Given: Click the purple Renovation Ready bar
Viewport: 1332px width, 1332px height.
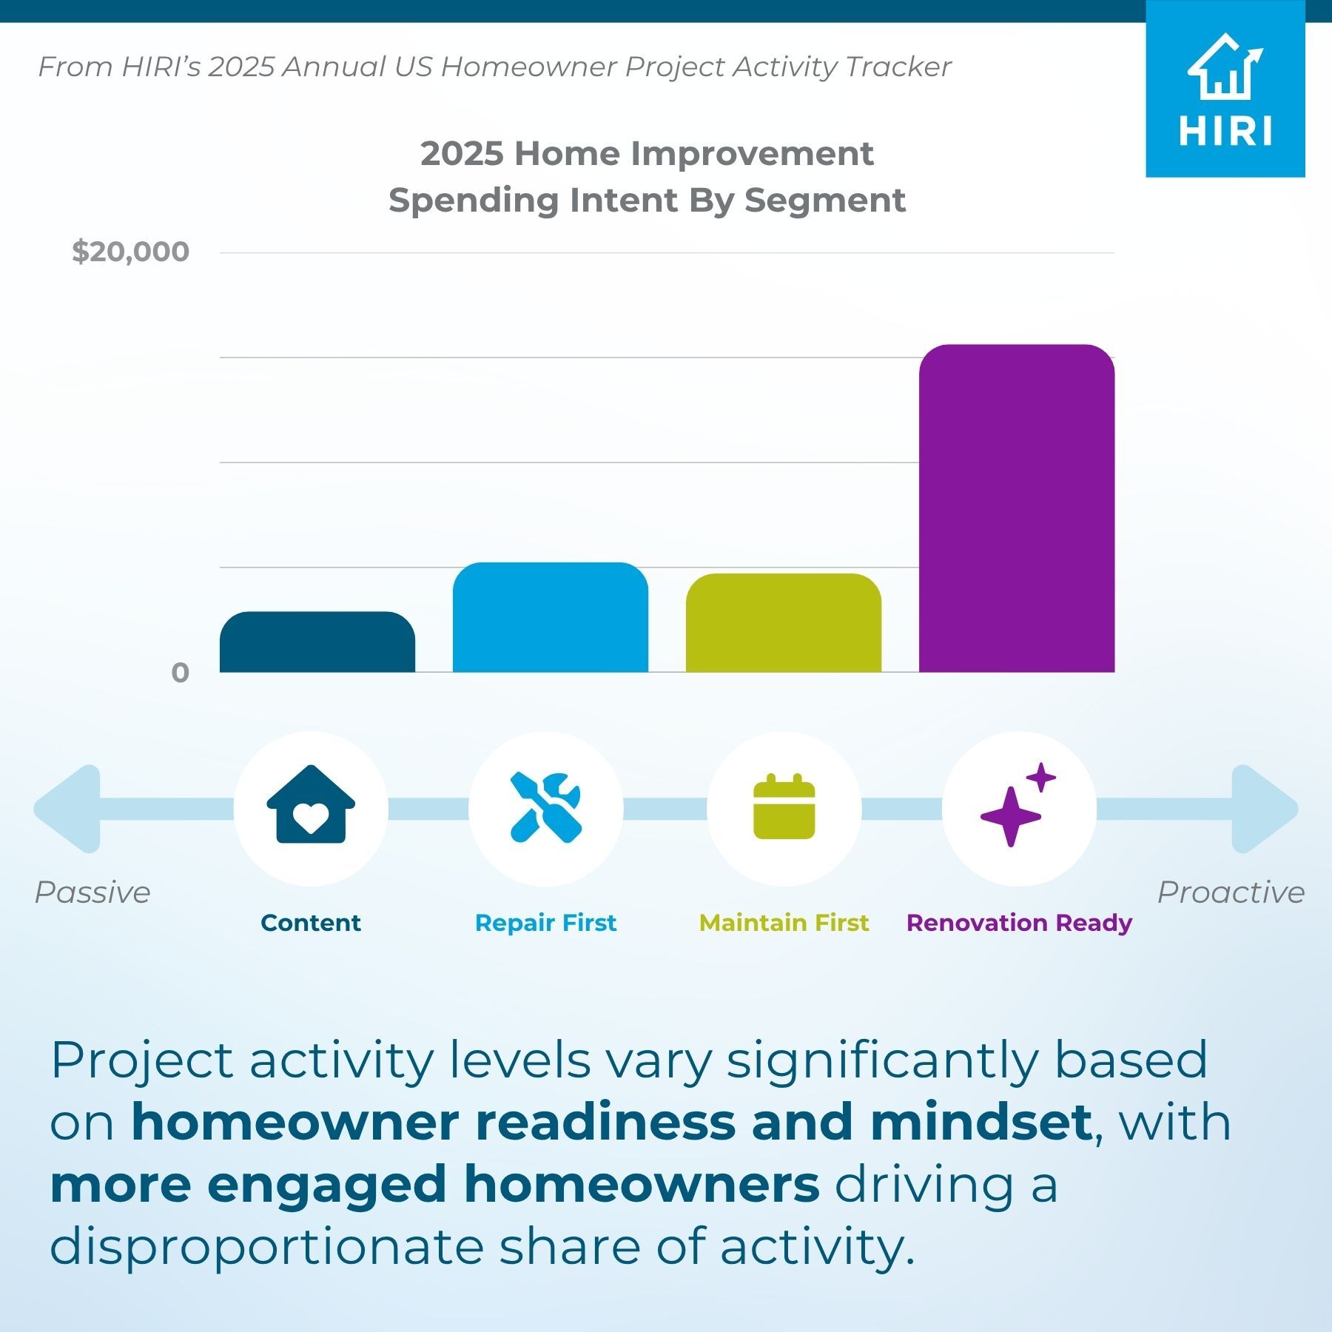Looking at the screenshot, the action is pyautogui.click(x=1017, y=508).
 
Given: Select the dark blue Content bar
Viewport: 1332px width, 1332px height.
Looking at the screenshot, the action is pyautogui.click(x=317, y=642).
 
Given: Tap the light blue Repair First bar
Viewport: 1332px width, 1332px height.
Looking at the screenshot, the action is pyautogui.click(x=551, y=617).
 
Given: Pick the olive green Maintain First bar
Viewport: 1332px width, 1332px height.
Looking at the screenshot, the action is pyautogui.click(x=784, y=623).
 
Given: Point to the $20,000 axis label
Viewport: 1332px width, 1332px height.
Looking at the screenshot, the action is pyautogui.click(x=130, y=252).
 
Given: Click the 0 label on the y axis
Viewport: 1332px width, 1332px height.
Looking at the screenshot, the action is pyautogui.click(x=180, y=673).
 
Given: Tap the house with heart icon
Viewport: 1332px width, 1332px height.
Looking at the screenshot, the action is pyautogui.click(x=311, y=804).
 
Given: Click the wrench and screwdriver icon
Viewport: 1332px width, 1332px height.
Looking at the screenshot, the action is pyautogui.click(x=546, y=807).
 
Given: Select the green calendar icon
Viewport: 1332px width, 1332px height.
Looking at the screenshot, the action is pyautogui.click(x=784, y=807).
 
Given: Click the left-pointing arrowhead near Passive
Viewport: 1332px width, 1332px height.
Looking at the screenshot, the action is pyautogui.click(x=67, y=809).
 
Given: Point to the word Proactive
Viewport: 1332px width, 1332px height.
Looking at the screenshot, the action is pyautogui.click(x=1231, y=892).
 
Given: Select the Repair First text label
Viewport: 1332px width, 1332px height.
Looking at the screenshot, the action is pyautogui.click(x=545, y=923).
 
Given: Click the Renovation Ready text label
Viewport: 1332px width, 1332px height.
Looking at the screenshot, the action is pyautogui.click(x=1019, y=924).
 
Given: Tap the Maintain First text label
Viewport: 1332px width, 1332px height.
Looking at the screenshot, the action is pyautogui.click(x=784, y=923).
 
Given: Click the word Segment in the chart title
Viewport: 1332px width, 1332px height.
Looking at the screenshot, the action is pyautogui.click(x=824, y=201).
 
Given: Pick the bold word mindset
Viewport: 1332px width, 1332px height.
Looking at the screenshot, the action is pyautogui.click(x=981, y=1123).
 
